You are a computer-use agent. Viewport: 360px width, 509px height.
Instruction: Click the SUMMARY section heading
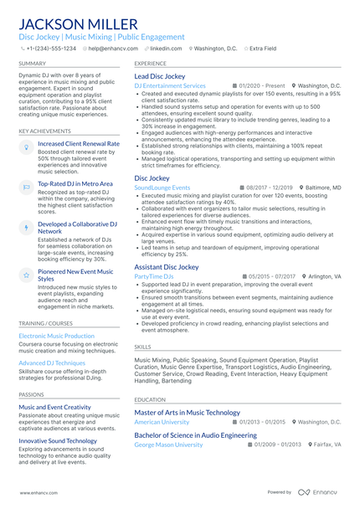(x=33, y=64)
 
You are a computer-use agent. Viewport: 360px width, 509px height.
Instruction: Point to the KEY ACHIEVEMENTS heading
(x=45, y=131)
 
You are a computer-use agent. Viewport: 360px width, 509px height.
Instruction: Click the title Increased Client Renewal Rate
(x=79, y=144)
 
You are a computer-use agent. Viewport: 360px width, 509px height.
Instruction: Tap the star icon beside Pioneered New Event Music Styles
(x=26, y=275)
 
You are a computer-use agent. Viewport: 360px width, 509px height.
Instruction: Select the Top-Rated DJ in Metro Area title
(x=75, y=183)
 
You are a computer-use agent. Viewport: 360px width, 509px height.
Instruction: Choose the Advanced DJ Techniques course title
(x=52, y=362)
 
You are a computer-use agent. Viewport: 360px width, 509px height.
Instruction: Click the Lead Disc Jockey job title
(x=160, y=76)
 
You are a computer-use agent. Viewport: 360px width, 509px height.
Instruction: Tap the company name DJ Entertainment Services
(x=170, y=86)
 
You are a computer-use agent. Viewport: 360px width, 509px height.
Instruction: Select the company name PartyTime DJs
(x=154, y=276)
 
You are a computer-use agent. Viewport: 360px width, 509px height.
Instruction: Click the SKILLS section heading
(x=143, y=346)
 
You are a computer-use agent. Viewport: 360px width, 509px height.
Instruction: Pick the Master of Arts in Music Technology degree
(x=188, y=413)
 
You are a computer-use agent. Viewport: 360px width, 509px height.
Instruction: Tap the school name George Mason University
(x=168, y=445)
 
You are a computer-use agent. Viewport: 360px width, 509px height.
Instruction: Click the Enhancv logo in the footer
(x=321, y=493)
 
